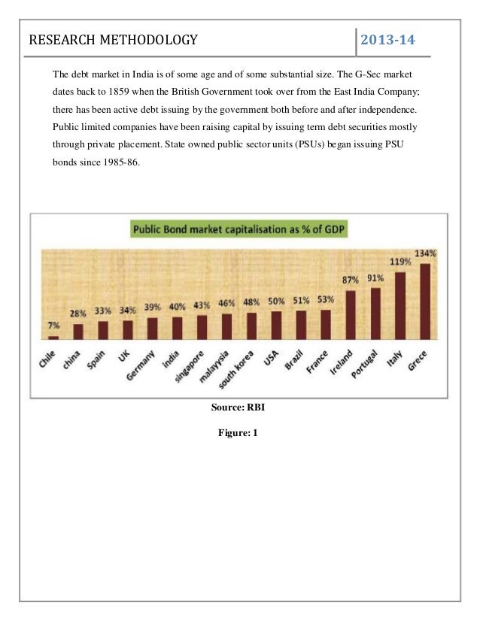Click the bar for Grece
[x=425, y=301]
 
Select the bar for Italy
[x=400, y=306]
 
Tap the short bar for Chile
[x=53, y=338]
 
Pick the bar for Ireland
[x=351, y=315]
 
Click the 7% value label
[x=53, y=325]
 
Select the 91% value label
[x=375, y=277]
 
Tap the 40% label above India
[x=177, y=306]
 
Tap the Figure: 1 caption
[x=240, y=432]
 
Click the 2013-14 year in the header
[x=388, y=39]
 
